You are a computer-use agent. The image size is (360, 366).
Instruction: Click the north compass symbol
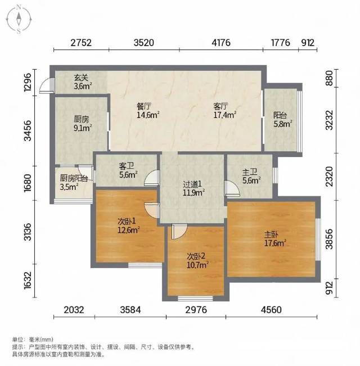[19, 20]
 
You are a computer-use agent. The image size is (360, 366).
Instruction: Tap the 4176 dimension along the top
[221, 43]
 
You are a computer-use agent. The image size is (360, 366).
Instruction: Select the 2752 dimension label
[81, 43]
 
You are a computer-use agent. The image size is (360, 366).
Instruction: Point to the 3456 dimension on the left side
[28, 130]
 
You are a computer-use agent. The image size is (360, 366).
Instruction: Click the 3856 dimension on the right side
[329, 239]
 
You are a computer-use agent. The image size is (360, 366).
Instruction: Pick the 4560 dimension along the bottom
[271, 310]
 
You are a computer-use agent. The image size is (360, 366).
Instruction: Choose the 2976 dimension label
[196, 310]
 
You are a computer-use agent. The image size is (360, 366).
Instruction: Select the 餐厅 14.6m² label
[148, 111]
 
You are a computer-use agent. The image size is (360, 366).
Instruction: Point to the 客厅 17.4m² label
[224, 111]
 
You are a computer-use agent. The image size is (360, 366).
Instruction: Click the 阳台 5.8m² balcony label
[283, 120]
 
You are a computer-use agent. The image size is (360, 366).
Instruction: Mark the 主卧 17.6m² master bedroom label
[275, 239]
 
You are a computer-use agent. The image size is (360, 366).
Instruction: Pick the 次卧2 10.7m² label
[197, 260]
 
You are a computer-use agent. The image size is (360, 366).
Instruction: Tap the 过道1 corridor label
[193, 188]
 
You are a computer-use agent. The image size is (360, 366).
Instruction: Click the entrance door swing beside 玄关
[47, 85]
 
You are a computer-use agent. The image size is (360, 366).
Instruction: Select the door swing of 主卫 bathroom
[232, 188]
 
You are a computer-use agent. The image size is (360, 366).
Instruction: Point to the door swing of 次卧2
[179, 231]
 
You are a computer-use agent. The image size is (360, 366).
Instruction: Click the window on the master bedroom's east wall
[318, 240]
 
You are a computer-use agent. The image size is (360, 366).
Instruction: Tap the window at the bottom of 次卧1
[145, 265]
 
